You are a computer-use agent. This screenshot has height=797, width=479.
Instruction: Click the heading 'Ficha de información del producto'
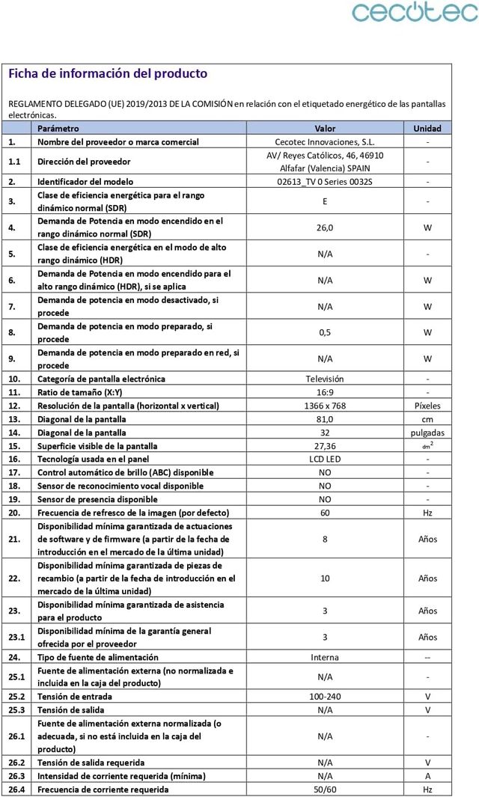107,73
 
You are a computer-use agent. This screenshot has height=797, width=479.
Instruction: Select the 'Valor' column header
325,128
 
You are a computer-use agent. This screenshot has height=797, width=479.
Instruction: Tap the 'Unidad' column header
427,128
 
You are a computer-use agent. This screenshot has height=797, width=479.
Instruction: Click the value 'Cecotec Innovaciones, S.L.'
325,141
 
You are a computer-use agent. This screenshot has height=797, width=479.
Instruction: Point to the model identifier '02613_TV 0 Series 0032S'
325,182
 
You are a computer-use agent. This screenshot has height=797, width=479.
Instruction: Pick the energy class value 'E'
325,201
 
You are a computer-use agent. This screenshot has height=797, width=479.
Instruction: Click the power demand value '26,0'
325,228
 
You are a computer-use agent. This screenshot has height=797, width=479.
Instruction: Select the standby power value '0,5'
325,332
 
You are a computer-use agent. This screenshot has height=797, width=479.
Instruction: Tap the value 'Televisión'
325,379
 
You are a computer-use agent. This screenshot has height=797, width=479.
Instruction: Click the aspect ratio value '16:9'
325,392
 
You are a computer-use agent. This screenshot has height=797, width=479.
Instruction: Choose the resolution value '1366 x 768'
325,406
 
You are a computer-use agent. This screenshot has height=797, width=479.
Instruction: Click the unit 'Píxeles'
427,406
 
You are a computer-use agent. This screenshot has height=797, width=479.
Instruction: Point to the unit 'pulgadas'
427,433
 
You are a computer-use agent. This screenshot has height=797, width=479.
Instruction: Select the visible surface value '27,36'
325,446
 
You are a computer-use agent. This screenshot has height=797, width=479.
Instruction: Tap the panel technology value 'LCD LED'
325,459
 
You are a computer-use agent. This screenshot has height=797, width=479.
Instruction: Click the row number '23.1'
17,637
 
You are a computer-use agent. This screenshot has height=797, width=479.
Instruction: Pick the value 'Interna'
325,657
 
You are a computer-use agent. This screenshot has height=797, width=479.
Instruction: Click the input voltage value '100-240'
325,697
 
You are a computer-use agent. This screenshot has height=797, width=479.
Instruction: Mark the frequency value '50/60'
325,790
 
